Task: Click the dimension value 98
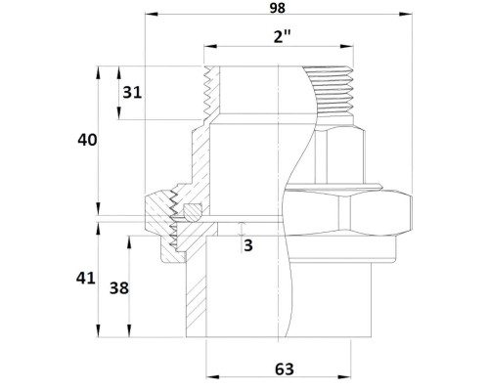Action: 278,8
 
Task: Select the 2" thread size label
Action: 282,37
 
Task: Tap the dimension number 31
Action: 132,93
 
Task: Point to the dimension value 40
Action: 87,140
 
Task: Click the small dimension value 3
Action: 248,245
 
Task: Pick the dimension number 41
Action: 85,279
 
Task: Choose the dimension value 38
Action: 119,288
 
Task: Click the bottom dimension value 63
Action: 285,369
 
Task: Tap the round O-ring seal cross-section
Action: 193,212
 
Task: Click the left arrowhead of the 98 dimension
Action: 152,14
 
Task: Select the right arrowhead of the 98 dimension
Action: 406,14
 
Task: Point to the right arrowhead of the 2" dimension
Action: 346,46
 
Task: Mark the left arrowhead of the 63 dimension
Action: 212,377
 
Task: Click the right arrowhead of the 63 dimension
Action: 344,377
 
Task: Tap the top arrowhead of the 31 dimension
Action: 119,72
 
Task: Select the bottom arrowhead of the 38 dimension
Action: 129,330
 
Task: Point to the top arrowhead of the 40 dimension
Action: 99,72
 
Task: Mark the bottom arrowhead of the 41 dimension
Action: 99,330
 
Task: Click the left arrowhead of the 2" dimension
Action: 210,46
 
